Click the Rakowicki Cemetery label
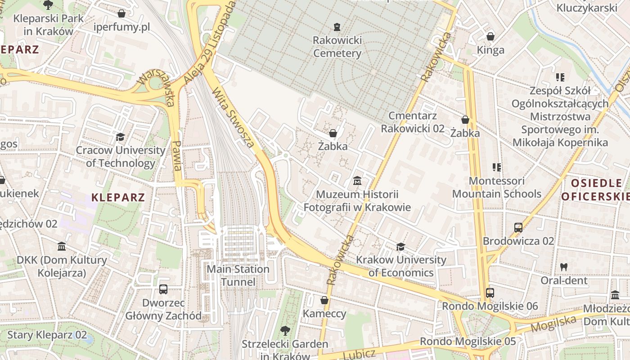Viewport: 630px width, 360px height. tap(337, 47)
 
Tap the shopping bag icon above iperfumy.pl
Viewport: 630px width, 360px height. tap(121, 13)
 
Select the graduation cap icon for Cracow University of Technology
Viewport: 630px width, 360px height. tap(120, 137)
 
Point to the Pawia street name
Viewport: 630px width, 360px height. tap(177, 155)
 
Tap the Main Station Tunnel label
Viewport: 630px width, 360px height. tap(238, 275)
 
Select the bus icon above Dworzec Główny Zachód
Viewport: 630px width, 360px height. tap(163, 289)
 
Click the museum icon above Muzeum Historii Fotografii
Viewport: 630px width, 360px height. tap(357, 181)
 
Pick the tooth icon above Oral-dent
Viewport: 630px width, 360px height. tap(563, 267)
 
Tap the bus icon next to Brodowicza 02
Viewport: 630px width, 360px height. tap(518, 228)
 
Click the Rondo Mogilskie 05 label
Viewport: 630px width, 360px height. tap(468, 341)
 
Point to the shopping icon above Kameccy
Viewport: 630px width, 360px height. tap(324, 300)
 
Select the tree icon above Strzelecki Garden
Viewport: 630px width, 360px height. tap(285, 331)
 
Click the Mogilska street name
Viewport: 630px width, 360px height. tap(553, 324)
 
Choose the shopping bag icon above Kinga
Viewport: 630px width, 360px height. tap(490, 36)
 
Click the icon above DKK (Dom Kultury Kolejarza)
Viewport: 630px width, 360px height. tap(62, 247)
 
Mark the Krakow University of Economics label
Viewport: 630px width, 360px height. tap(401, 266)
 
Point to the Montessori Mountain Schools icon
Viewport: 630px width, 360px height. tap(497, 167)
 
